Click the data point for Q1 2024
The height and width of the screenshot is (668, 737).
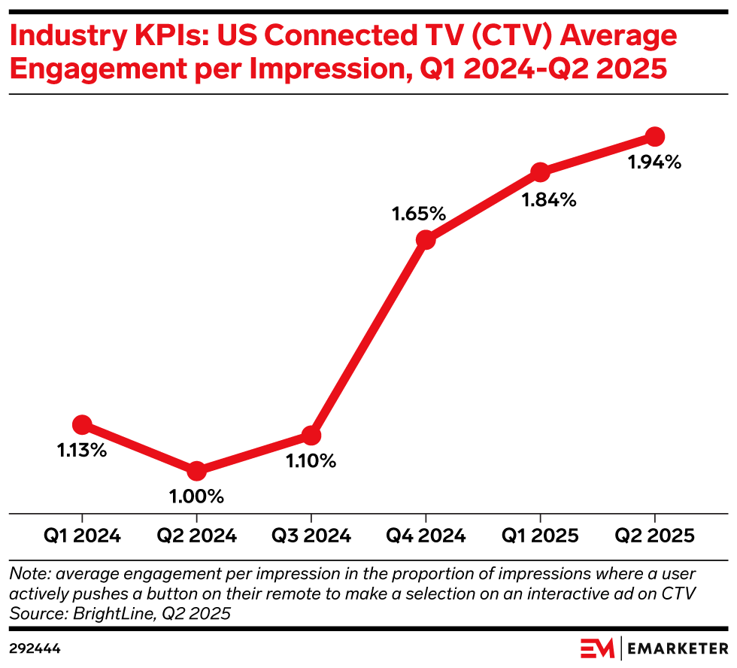click(82, 424)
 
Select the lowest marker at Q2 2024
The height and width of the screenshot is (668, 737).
click(196, 471)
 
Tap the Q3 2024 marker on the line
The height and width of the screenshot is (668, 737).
click(311, 435)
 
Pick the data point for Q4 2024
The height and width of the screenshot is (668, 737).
click(426, 240)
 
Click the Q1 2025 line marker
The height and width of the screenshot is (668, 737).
click(540, 172)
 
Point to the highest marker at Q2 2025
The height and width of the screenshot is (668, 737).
click(654, 136)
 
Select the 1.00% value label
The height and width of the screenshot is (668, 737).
click(196, 496)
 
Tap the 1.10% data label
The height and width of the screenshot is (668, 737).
click(311, 461)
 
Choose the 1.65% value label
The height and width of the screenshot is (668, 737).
click(419, 214)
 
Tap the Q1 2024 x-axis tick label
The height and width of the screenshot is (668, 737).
click(82, 536)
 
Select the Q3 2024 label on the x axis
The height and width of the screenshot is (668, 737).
click(311, 536)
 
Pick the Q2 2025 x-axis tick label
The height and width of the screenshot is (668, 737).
click(654, 536)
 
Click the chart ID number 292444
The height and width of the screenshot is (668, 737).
click(35, 648)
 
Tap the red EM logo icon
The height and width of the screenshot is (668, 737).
click(599, 648)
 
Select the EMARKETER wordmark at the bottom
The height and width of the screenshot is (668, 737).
click(678, 648)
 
